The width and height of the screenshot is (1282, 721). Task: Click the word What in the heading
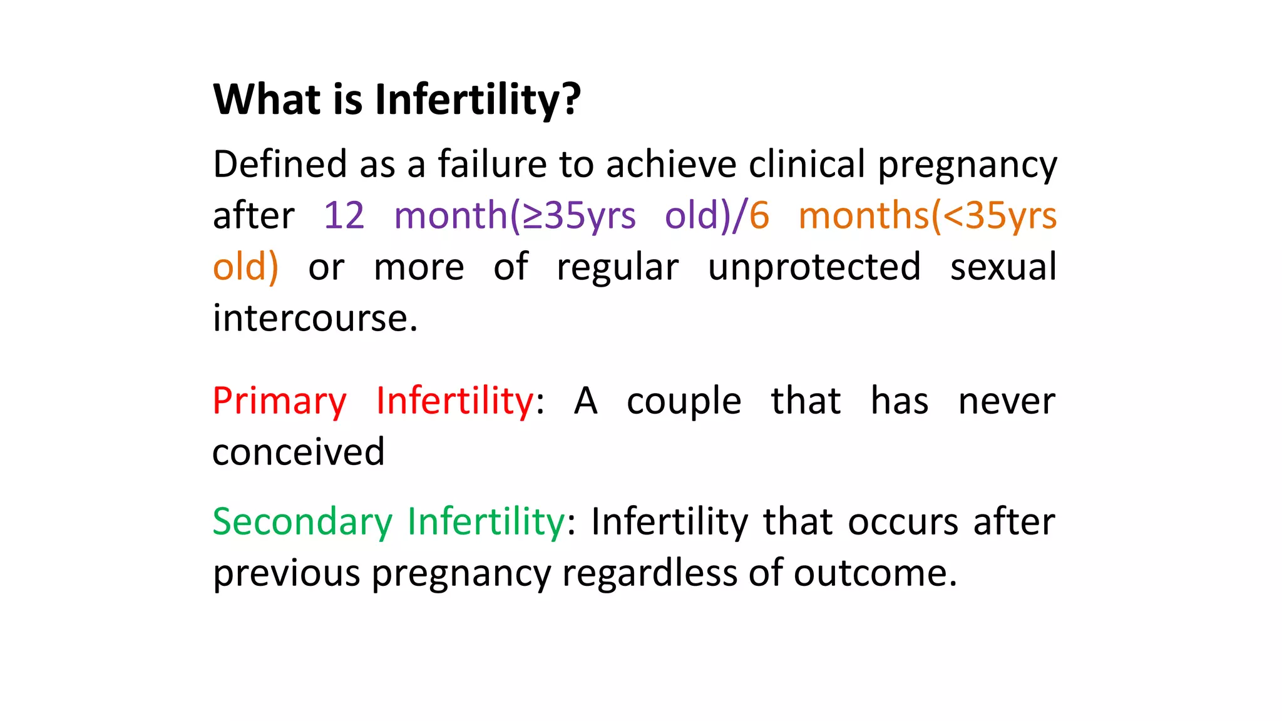[x=267, y=100]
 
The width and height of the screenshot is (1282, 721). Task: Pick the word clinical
[x=807, y=165]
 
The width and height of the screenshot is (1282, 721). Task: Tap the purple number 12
[x=344, y=216]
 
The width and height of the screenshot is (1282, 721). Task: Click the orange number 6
[x=759, y=216]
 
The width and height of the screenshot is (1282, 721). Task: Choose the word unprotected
[x=814, y=268]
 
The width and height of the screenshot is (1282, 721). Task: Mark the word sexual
[x=1003, y=267]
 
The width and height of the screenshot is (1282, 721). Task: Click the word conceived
[x=299, y=453]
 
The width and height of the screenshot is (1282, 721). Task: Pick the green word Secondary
[x=302, y=522]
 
